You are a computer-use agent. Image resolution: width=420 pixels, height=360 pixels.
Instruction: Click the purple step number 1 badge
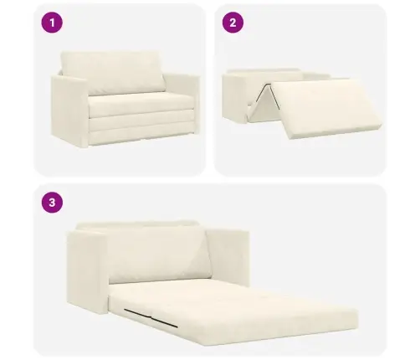pos(52,23)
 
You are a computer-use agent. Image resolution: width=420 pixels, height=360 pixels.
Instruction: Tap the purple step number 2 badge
pos(233,23)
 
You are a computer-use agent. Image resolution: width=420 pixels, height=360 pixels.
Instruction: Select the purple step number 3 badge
pos(52,203)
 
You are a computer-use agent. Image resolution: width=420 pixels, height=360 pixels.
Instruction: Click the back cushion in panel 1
pos(113,72)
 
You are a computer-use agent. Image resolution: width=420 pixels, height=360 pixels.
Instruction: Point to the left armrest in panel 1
pos(69,111)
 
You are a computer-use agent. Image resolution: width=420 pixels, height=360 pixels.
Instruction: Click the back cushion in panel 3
pos(159,254)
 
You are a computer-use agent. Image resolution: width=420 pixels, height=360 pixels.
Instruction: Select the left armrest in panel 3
pos(87,270)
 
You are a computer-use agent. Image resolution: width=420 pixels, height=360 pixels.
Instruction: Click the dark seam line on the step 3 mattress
pos(151,318)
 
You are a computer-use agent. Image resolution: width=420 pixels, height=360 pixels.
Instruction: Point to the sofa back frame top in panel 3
pos(136,224)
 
